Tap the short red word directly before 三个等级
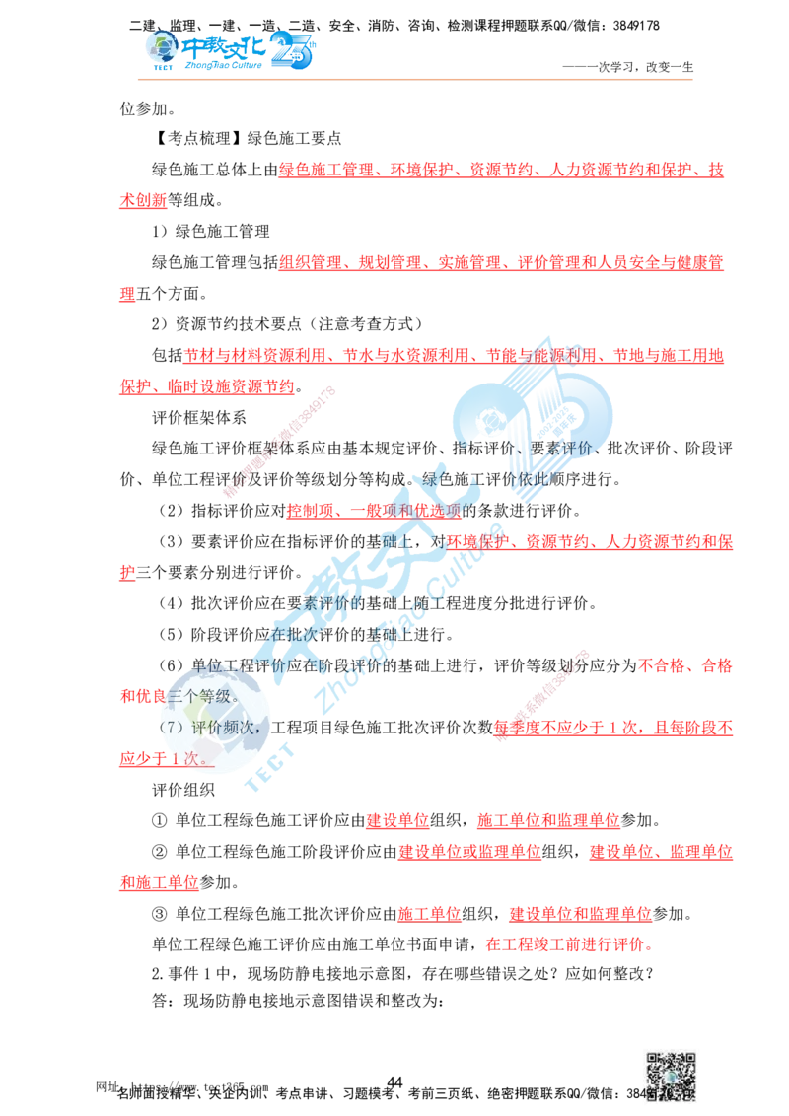click(x=136, y=697)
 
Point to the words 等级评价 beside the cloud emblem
click(x=572, y=449)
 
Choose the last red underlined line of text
click(x=567, y=943)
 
